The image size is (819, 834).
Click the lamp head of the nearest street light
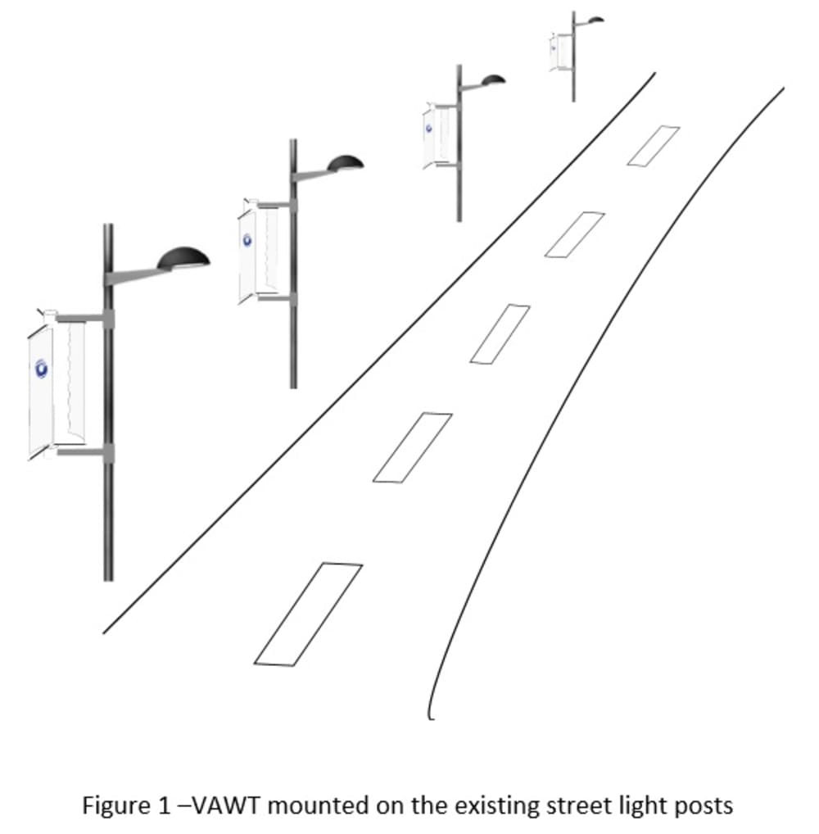click(183, 258)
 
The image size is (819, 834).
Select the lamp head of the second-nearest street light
click(346, 164)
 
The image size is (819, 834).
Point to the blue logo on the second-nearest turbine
click(247, 240)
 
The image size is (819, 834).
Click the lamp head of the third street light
click(493, 79)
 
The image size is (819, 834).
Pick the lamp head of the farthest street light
click(595, 19)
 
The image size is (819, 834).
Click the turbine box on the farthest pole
click(561, 52)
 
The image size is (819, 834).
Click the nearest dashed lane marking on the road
click(308, 613)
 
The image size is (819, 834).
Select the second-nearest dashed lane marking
click(412, 446)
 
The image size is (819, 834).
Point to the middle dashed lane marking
click(500, 333)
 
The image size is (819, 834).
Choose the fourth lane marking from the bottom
click(574, 234)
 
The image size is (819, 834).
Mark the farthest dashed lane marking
click(653, 146)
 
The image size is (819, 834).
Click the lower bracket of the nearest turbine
click(82, 451)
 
